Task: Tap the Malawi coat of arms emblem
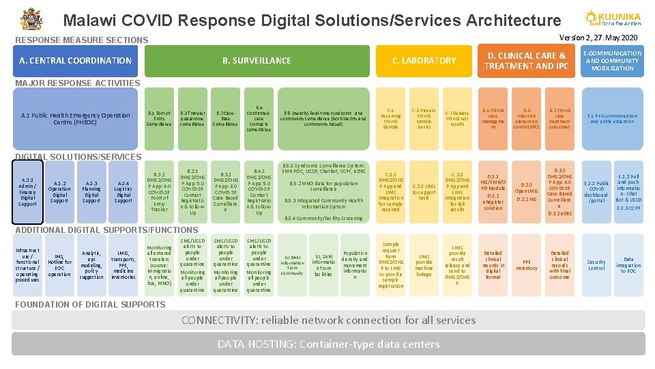click(31, 19)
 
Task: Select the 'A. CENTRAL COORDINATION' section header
click(75, 60)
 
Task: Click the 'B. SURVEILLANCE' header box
click(257, 60)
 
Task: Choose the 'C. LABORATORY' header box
click(424, 60)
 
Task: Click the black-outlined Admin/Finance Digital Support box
click(27, 192)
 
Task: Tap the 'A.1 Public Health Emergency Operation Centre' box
click(76, 118)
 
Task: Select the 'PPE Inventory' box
click(526, 264)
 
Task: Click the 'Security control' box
click(596, 264)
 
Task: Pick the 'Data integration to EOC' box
click(628, 264)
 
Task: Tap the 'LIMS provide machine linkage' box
click(424, 264)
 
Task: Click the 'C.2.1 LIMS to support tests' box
click(424, 192)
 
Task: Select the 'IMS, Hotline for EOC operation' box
click(59, 264)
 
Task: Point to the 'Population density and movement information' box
click(355, 264)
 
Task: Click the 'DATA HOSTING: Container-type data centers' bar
click(328, 344)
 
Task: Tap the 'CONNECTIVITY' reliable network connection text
click(328, 320)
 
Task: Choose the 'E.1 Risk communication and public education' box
click(612, 118)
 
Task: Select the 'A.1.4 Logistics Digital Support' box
click(123, 192)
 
